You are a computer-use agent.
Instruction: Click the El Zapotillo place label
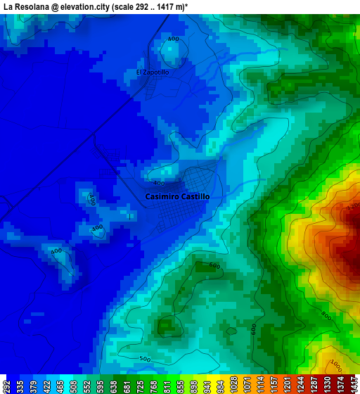[x=153, y=72]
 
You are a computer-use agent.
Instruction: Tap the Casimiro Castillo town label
[x=177, y=197]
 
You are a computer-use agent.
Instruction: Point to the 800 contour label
[x=326, y=317]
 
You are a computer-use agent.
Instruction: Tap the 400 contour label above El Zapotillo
[x=173, y=39]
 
